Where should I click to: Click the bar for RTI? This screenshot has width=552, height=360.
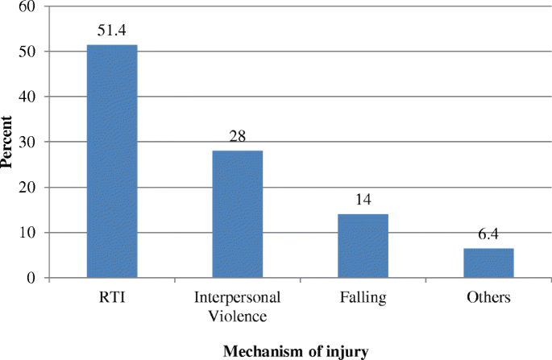click(x=112, y=161)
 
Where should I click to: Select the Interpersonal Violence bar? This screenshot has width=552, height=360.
click(x=237, y=214)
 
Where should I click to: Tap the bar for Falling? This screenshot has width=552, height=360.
click(x=363, y=246)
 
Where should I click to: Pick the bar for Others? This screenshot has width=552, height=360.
click(x=488, y=263)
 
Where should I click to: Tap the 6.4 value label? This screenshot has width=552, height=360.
click(x=488, y=235)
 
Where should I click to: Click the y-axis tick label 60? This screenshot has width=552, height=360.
click(x=27, y=6)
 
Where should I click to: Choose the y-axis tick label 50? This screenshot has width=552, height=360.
click(x=27, y=52)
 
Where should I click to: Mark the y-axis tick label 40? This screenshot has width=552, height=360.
click(x=27, y=97)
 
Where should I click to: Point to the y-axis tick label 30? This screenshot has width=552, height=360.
click(x=27, y=142)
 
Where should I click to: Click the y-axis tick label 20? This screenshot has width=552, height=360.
click(x=27, y=188)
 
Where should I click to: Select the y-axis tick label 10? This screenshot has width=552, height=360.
click(x=27, y=233)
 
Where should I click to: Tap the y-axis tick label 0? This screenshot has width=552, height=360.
click(x=31, y=278)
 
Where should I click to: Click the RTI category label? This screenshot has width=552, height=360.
click(x=112, y=298)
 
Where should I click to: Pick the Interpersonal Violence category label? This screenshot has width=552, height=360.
click(x=237, y=305)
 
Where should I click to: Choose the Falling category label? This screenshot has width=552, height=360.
click(x=363, y=298)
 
